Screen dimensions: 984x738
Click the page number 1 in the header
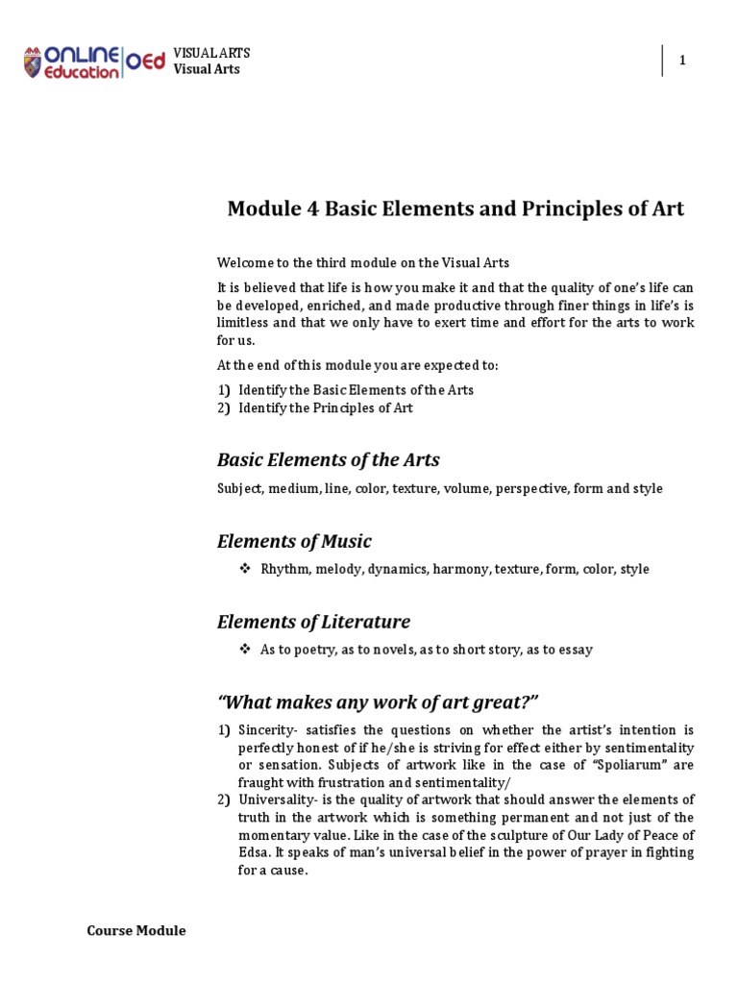[682, 61]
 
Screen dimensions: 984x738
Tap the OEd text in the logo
[144, 62]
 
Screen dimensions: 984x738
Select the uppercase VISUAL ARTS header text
[211, 53]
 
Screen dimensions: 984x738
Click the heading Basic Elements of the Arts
[328, 459]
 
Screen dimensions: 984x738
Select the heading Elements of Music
[294, 540]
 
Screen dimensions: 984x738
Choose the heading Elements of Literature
[313, 621]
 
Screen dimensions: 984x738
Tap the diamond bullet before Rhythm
[244, 569]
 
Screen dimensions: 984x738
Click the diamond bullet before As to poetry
[244, 650]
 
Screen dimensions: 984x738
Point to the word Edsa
[253, 853]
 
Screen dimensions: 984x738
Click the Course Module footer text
[136, 930]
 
